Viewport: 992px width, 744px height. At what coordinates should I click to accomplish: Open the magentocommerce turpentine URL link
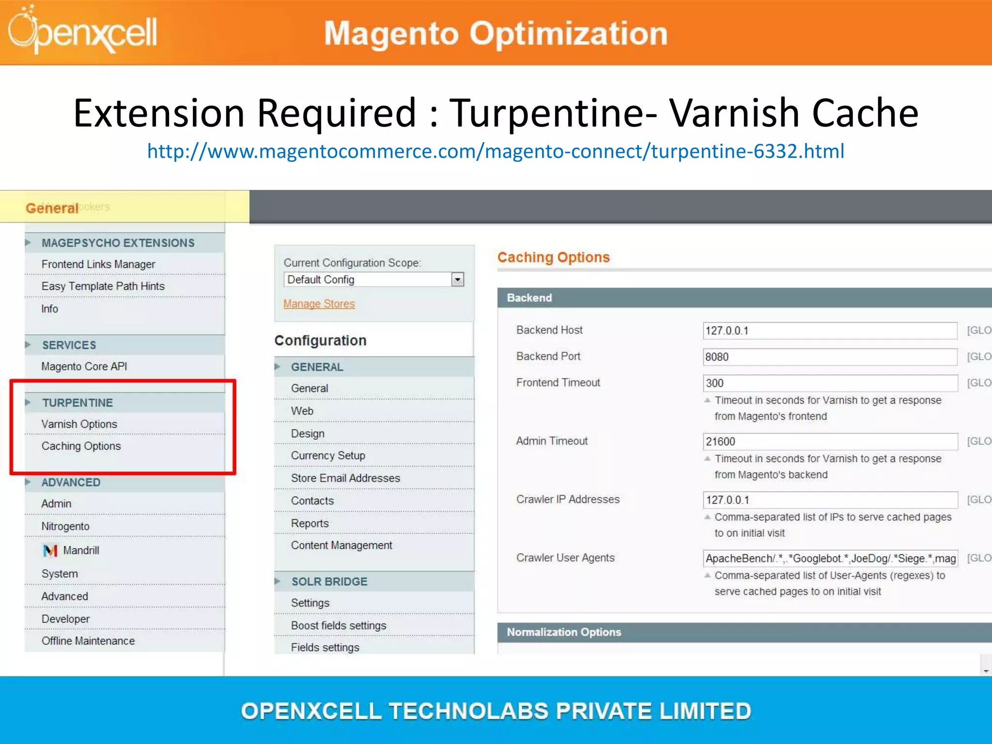pyautogui.click(x=496, y=151)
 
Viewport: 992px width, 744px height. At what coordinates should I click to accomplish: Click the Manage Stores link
pyautogui.click(x=319, y=304)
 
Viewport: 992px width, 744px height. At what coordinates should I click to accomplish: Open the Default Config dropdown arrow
pyautogui.click(x=457, y=279)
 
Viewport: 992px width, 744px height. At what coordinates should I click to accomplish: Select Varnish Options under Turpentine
pyautogui.click(x=79, y=424)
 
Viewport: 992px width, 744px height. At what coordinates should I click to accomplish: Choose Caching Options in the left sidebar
pyautogui.click(x=81, y=446)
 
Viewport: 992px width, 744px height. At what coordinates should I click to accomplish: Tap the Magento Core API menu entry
pyautogui.click(x=84, y=366)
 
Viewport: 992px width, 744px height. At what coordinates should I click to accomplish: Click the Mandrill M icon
pyautogui.click(x=50, y=551)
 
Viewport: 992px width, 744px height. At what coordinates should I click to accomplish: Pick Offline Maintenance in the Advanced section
pyautogui.click(x=88, y=641)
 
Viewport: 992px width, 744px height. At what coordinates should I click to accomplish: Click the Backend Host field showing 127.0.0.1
pyautogui.click(x=829, y=331)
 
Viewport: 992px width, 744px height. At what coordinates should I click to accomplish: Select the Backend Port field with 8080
pyautogui.click(x=829, y=357)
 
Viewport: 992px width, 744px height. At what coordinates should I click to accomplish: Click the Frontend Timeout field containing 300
pyautogui.click(x=829, y=383)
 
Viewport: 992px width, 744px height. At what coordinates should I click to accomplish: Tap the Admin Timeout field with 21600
pyautogui.click(x=829, y=441)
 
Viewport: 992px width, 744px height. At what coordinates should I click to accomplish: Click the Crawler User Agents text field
pyautogui.click(x=829, y=558)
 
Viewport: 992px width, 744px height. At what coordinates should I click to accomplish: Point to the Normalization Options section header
pyautogui.click(x=564, y=632)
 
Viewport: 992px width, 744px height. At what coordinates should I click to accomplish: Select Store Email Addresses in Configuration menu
pyautogui.click(x=345, y=478)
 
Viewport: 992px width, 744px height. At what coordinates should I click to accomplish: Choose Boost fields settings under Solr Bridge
pyautogui.click(x=339, y=625)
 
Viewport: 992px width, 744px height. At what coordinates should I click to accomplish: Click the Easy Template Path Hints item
pyautogui.click(x=103, y=286)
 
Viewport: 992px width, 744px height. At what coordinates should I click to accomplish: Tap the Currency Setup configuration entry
pyautogui.click(x=328, y=455)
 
